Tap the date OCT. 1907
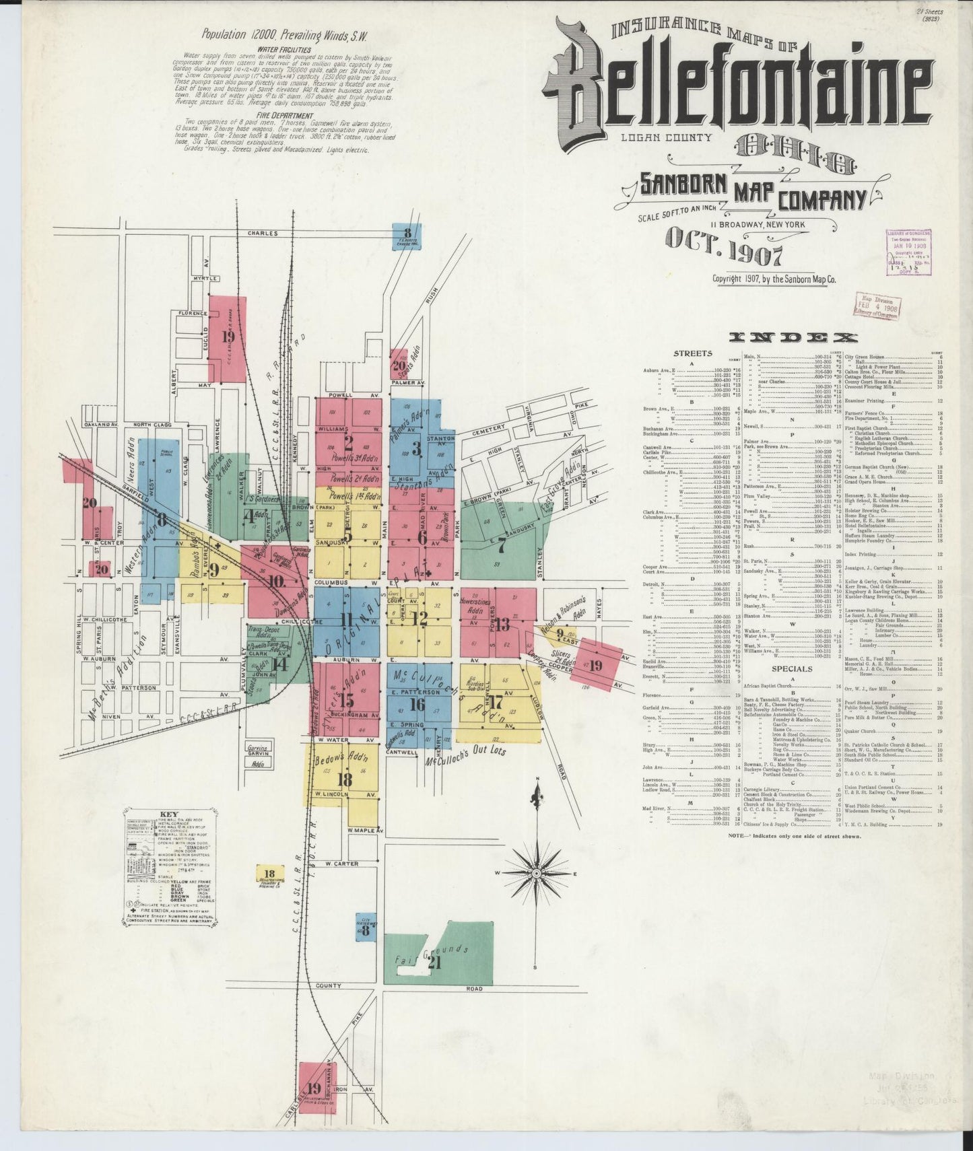(725, 256)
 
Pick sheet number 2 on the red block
(348, 443)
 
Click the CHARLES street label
(262, 234)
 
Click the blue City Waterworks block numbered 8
(366, 930)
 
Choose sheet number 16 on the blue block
(417, 705)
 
